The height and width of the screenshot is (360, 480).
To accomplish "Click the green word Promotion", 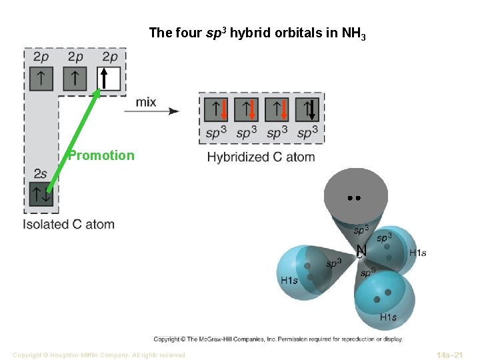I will pyautogui.click(x=101, y=155).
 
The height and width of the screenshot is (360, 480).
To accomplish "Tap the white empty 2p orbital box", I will pyautogui.click(x=109, y=79).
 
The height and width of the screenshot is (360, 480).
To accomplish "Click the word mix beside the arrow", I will pyautogui.click(x=146, y=102).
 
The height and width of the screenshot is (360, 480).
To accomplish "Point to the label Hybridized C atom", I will pyautogui.click(x=261, y=157).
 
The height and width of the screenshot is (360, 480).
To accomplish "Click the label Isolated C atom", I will pyautogui.click(x=69, y=225).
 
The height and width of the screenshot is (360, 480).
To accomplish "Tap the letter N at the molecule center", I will pyautogui.click(x=361, y=250).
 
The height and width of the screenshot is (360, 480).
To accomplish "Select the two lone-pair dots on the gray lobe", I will pyautogui.click(x=354, y=198).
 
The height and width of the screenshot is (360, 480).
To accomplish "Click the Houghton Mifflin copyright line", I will pyautogui.click(x=99, y=355).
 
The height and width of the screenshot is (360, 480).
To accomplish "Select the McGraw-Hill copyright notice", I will pyautogui.click(x=278, y=339).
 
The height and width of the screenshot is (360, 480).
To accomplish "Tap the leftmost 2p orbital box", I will pyautogui.click(x=41, y=79).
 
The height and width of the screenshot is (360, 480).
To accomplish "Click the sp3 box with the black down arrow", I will pyautogui.click(x=307, y=109).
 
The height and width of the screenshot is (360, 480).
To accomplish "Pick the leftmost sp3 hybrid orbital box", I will pyautogui.click(x=215, y=109).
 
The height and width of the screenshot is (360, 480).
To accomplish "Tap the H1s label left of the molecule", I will pyautogui.click(x=289, y=281).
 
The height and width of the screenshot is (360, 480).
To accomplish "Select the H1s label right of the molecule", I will pyautogui.click(x=417, y=253).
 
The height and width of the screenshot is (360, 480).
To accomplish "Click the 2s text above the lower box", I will pyautogui.click(x=40, y=174).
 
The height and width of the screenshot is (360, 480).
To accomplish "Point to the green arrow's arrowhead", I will pyautogui.click(x=97, y=93).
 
